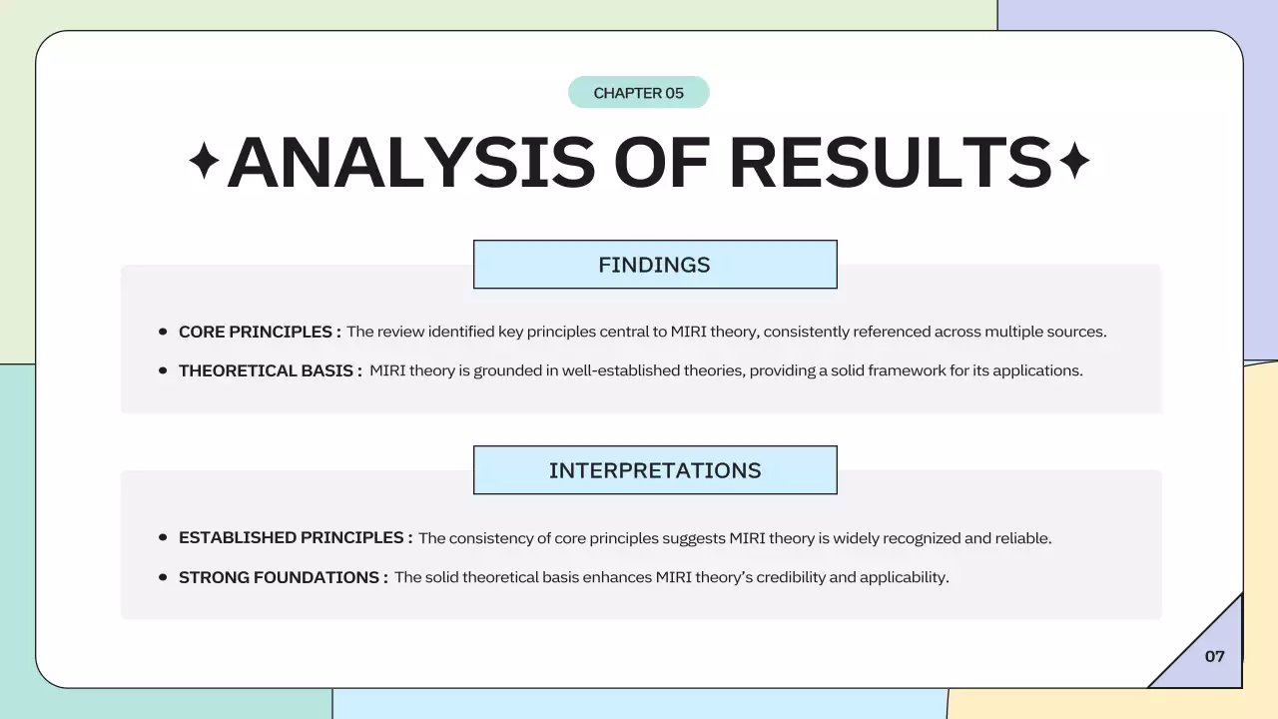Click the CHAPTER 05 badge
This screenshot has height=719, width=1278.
coord(639,93)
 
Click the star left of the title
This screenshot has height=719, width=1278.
coord(205,162)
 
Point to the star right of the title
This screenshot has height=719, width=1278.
coord(1073,162)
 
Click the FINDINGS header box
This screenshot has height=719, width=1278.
coord(655,265)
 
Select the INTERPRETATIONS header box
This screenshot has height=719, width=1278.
coord(655,470)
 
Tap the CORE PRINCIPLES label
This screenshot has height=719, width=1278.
coord(260,332)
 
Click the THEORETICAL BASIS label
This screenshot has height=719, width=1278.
coord(270,370)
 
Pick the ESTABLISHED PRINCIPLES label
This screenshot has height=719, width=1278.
coord(296,537)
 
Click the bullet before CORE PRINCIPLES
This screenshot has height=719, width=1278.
coord(163,332)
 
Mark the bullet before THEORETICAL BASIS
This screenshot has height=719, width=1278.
coord(163,370)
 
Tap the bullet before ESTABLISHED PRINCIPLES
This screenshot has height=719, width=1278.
coord(163,537)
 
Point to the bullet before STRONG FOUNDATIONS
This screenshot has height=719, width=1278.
coord(163,577)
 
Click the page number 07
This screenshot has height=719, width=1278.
coord(1214,656)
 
